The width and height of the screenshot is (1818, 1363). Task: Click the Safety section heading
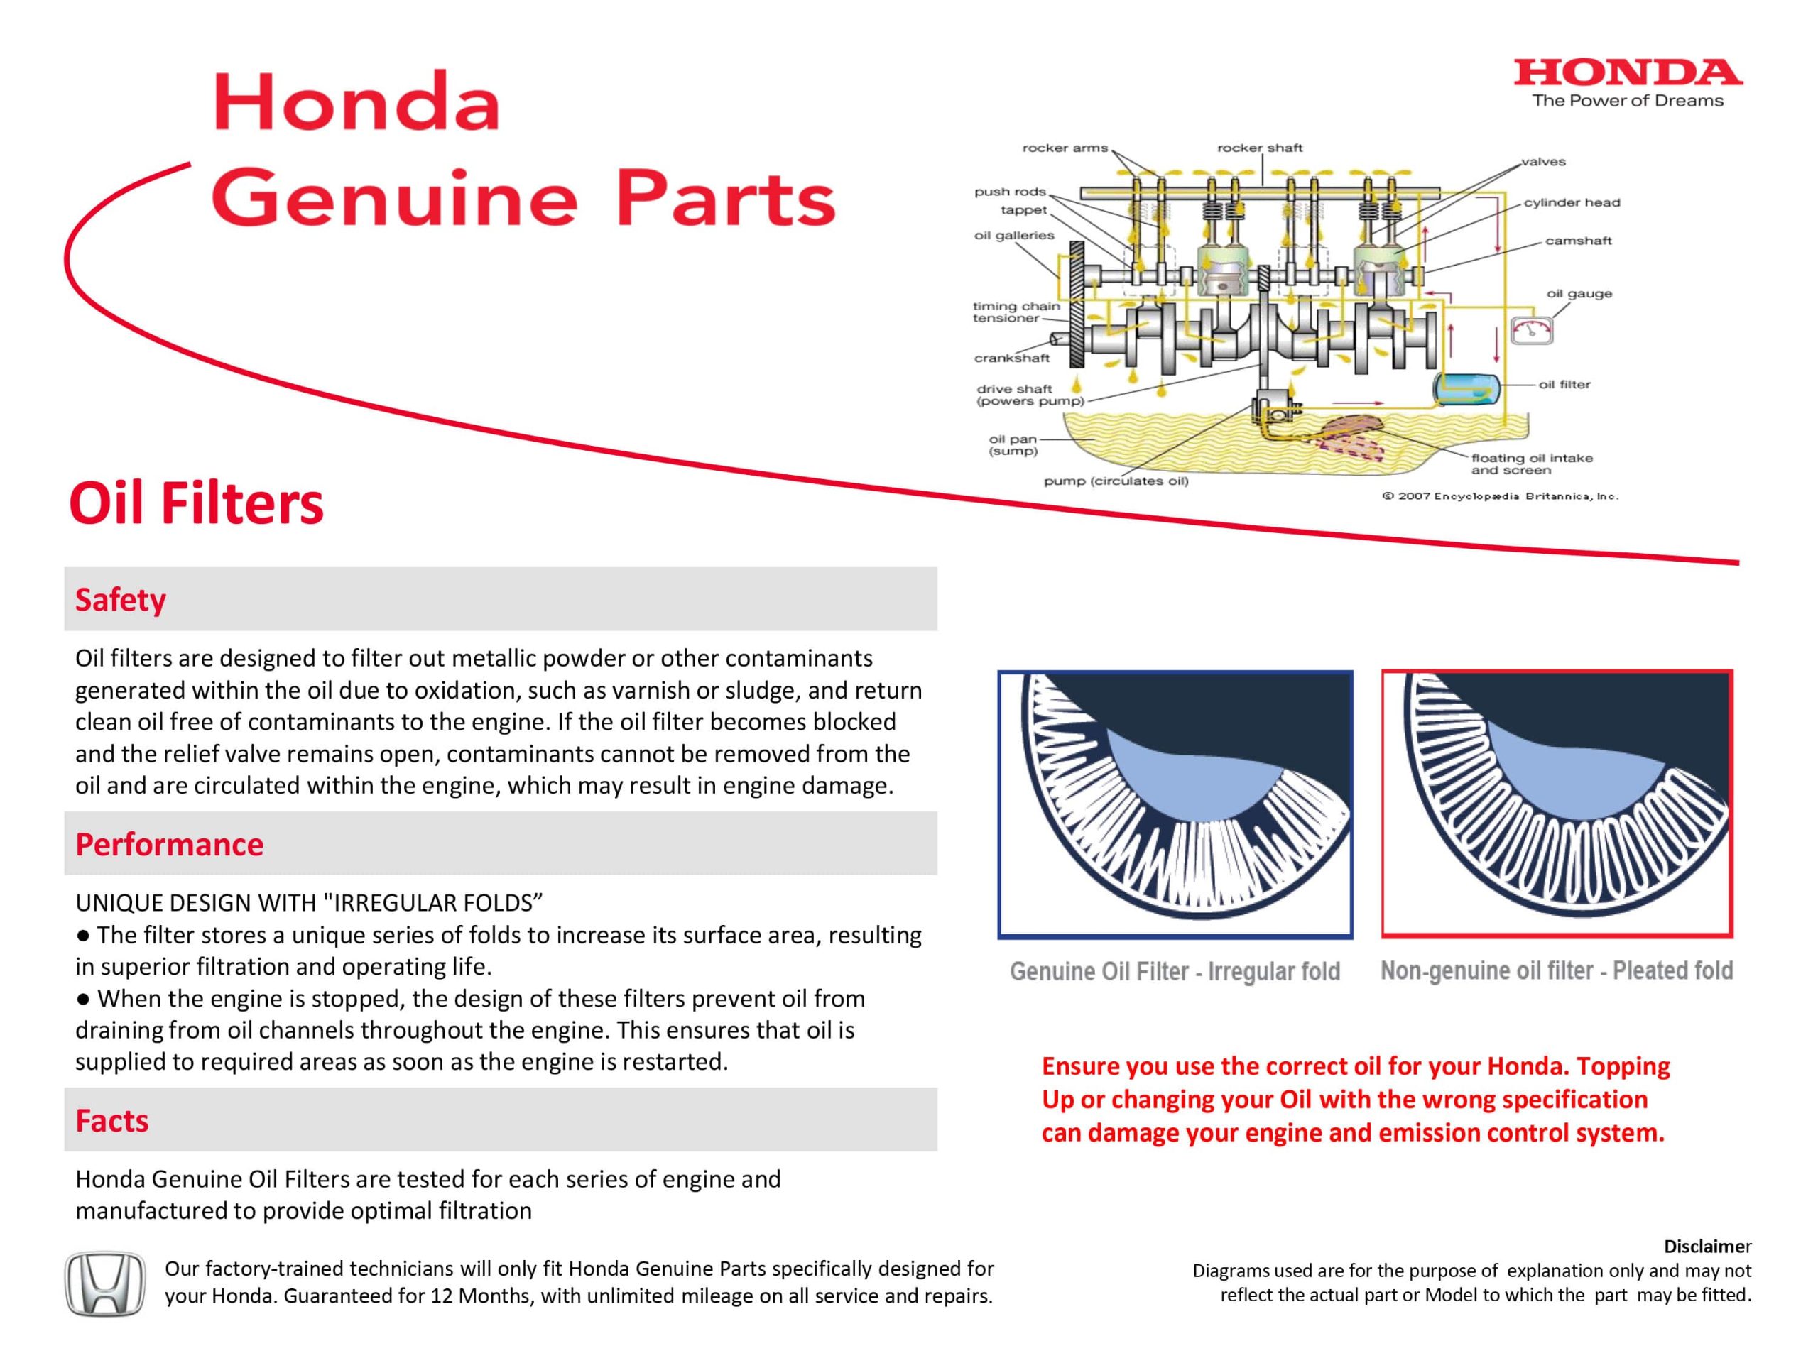(120, 599)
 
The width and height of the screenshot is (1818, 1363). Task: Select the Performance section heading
(169, 844)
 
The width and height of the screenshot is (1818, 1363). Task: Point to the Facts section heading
(111, 1120)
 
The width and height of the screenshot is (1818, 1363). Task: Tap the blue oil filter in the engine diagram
(1466, 388)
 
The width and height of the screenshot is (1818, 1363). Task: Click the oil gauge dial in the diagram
(1531, 330)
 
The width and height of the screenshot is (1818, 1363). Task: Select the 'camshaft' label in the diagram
(1578, 241)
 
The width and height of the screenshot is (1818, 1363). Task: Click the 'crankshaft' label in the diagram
(1012, 358)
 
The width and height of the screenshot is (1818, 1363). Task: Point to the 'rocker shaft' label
(1259, 148)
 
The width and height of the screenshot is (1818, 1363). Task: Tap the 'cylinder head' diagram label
(1572, 202)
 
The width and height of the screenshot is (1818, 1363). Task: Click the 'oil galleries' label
(1013, 236)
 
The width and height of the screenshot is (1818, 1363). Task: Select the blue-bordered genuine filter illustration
(1175, 804)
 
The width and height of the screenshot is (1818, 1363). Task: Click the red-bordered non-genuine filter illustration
(1557, 804)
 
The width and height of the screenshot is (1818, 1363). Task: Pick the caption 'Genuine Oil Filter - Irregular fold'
(1175, 971)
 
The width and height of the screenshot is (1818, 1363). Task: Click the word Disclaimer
(1707, 1246)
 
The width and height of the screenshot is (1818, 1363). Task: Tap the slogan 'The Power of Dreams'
(1628, 101)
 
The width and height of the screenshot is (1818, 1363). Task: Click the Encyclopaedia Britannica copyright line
(1500, 496)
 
